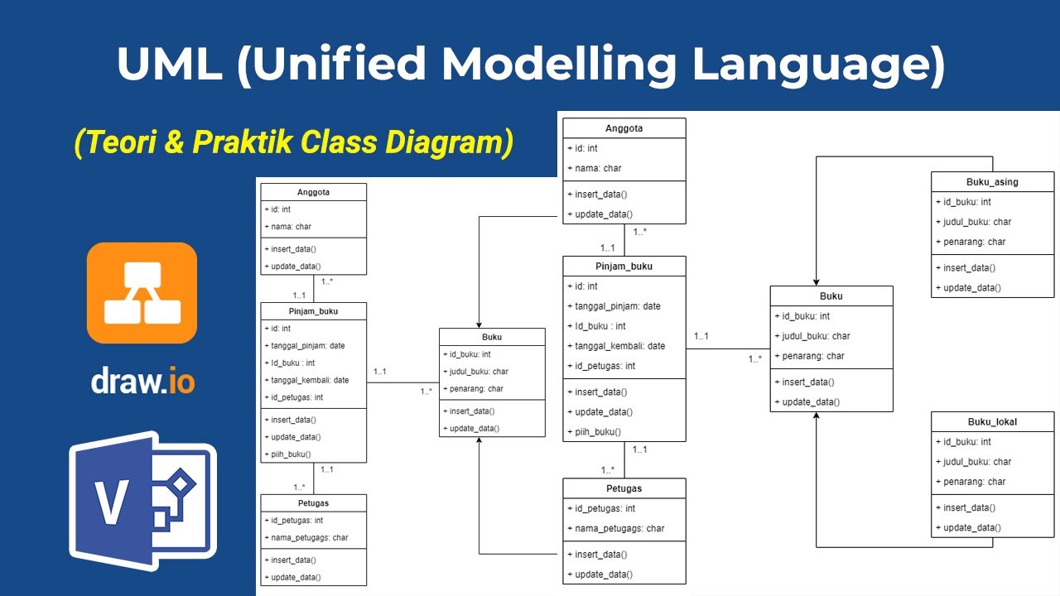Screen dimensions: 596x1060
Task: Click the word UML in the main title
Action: click(x=170, y=65)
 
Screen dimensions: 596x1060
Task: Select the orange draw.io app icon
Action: click(x=142, y=292)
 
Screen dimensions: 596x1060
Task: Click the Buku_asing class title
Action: click(x=992, y=182)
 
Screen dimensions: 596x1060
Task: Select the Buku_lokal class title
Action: click(x=992, y=422)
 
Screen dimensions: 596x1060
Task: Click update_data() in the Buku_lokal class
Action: click(x=968, y=527)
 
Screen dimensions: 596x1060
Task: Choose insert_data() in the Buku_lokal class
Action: click(x=966, y=507)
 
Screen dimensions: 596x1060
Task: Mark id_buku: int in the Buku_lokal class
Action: click(x=963, y=442)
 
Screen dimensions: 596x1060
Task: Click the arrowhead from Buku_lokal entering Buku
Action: click(x=816, y=417)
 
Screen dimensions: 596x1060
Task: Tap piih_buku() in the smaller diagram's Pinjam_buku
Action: click(x=290, y=454)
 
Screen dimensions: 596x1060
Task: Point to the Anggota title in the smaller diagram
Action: click(x=313, y=192)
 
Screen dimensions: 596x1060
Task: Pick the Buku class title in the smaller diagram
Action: click(x=492, y=337)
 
